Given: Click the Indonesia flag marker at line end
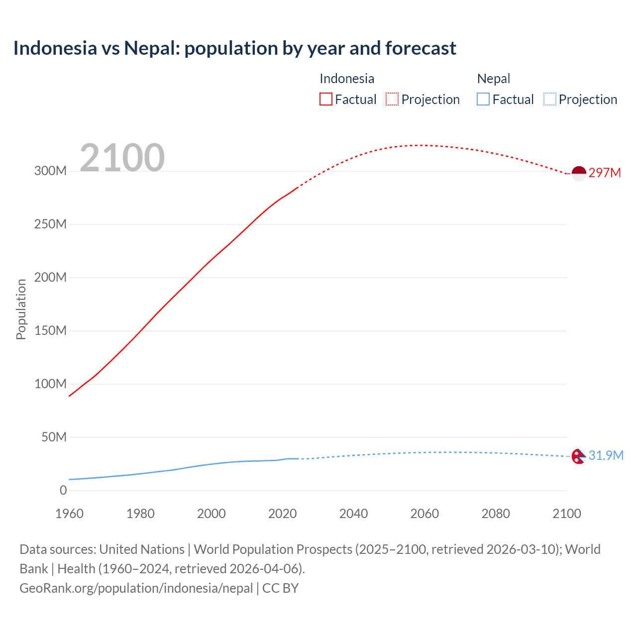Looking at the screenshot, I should click(579, 174).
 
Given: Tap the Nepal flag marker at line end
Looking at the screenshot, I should click(578, 456).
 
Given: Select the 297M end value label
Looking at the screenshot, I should click(605, 173).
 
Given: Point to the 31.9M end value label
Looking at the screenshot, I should click(606, 455).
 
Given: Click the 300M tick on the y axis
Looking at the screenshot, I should click(50, 171).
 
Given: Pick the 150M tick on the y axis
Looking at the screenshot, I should click(50, 330).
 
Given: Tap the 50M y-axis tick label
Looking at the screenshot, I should click(54, 437).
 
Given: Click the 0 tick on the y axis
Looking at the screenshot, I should click(63, 490).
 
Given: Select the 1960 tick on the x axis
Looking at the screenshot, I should click(69, 514).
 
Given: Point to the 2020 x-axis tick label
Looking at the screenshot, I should click(282, 514).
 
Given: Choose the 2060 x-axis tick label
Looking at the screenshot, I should click(425, 514).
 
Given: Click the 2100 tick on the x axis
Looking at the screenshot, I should click(566, 514).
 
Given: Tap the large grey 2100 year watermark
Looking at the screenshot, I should click(122, 158).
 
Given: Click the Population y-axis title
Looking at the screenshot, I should click(21, 309).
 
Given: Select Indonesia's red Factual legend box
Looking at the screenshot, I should click(325, 99).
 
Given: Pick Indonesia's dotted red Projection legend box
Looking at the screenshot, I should click(392, 99).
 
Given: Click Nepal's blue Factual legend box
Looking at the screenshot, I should click(483, 99).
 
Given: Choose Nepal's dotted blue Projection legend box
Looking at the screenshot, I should click(549, 99).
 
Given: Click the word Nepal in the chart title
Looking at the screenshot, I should click(151, 48).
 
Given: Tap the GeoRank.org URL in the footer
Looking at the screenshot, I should click(136, 588).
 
